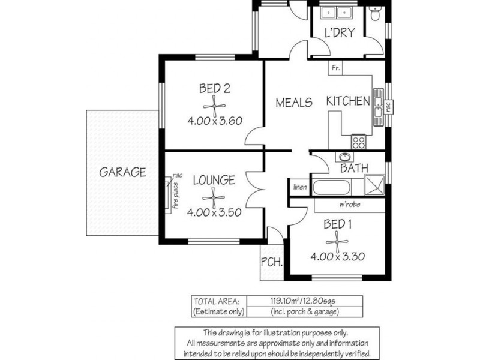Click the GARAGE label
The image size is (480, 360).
(122, 172)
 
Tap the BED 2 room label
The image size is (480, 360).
(215, 89)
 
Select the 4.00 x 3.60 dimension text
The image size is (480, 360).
(214, 120)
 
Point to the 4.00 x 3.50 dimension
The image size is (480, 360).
(214, 212)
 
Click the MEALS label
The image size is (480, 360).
(294, 103)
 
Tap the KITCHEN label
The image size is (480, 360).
(348, 101)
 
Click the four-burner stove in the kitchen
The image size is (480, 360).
(359, 142)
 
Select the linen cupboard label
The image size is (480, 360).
(300, 187)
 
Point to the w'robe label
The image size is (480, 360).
(349, 205)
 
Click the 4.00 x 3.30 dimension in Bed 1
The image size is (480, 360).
(338, 257)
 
